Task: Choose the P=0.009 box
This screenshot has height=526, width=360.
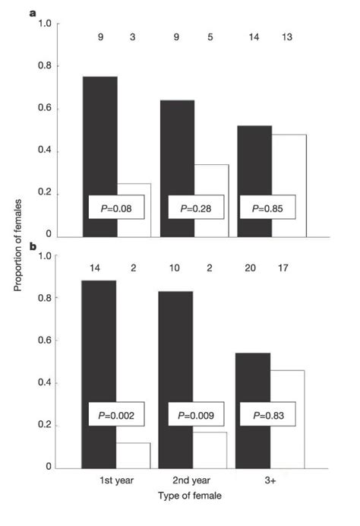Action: (195, 416)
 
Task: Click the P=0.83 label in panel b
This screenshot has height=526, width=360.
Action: (267, 416)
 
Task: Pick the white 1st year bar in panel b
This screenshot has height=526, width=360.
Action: (134, 455)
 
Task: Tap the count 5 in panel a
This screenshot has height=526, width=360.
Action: (212, 36)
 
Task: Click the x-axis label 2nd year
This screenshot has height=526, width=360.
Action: (194, 481)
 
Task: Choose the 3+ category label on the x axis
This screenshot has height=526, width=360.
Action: (270, 481)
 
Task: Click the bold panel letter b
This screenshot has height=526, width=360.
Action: (33, 246)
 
